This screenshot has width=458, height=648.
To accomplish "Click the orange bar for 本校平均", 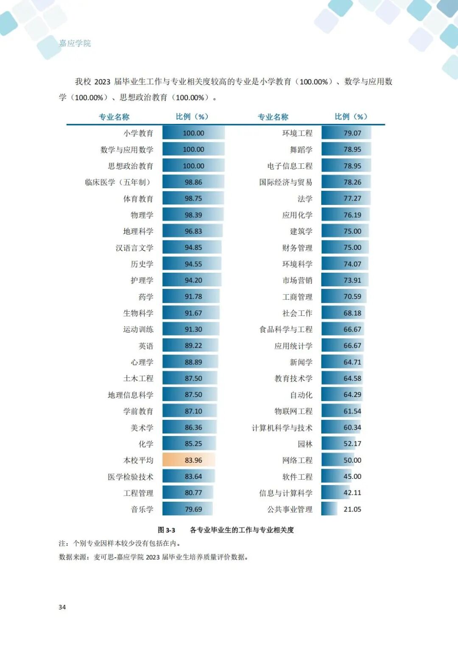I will (189, 460).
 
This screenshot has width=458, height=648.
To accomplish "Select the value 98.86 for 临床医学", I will (193, 182).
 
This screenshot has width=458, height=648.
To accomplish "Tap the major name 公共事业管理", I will (290, 509).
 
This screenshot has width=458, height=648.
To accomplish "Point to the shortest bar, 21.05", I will (329, 509).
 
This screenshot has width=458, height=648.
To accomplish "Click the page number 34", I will (62, 607).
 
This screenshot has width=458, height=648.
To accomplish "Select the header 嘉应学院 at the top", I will (75, 43).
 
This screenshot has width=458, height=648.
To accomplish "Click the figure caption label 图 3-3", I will (166, 530).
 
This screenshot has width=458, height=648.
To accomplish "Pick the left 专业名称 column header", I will (114, 117).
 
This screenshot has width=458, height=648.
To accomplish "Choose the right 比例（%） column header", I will (351, 117).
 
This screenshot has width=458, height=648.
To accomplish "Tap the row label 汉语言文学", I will (134, 248).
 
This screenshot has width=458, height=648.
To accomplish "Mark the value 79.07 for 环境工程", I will (352, 133).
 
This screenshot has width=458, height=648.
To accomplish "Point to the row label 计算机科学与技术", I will (282, 428).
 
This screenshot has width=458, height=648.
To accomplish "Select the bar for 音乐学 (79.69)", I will (187, 509).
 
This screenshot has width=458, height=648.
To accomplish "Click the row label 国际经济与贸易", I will (286, 182).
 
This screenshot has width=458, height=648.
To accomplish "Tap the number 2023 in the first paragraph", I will (102, 82).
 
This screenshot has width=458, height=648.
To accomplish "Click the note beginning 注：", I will (120, 543).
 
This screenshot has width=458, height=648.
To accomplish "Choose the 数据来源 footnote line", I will (154, 557).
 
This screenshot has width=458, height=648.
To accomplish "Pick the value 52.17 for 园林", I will (352, 444).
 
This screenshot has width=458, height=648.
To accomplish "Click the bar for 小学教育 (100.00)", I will (193, 133).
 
